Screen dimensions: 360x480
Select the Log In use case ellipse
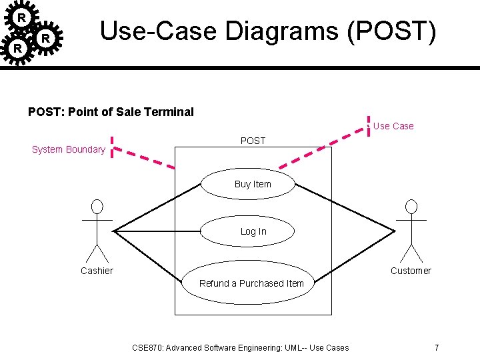point(253,231)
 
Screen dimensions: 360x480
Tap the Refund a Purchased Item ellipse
point(252,283)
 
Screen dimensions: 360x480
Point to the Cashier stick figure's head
point(97,206)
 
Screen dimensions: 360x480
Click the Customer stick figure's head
point(411,206)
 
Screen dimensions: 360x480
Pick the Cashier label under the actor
point(97,271)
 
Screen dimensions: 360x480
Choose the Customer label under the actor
point(411,271)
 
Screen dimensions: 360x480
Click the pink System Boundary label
point(68,149)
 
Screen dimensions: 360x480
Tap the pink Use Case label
point(393,126)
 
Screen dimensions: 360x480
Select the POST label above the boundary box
point(253,141)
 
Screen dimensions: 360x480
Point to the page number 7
point(436,347)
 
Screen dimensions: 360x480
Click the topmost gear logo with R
point(22,17)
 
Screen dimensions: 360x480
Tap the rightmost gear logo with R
point(45,39)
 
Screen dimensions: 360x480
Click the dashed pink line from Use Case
point(323,147)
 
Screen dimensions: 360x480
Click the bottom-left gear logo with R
point(18,49)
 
